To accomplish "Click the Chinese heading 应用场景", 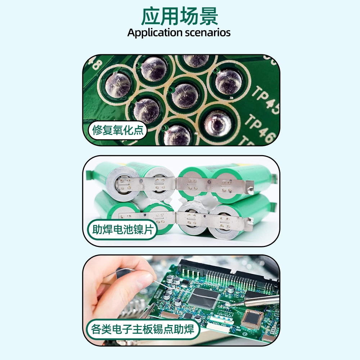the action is [x=179, y=16].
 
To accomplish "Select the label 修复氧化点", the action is [x=118, y=130].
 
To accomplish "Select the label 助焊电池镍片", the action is [x=123, y=230].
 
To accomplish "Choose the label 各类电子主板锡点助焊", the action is [x=143, y=329].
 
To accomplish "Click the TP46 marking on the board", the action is [x=260, y=128].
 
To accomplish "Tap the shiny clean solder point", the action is [x=217, y=123].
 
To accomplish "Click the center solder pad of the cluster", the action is [x=185, y=96].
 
